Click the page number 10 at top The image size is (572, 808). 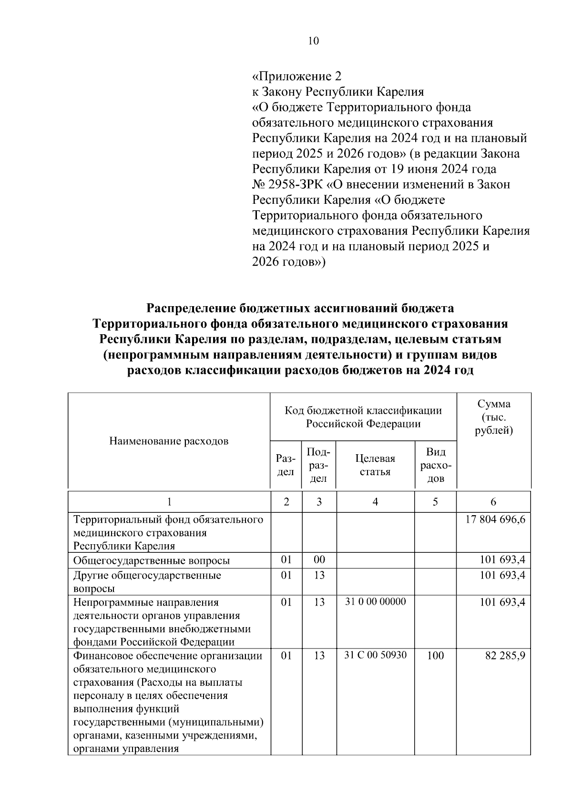(x=313, y=41)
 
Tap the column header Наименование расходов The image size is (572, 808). (x=169, y=441)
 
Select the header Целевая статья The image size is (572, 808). (x=375, y=465)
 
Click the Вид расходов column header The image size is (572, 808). (x=436, y=465)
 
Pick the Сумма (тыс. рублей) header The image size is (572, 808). (x=494, y=417)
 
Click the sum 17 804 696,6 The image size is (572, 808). (x=495, y=519)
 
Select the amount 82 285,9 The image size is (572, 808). (x=505, y=656)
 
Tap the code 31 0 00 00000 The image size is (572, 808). (x=375, y=601)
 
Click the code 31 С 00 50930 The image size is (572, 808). (x=375, y=655)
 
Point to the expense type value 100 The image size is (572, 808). (x=436, y=656)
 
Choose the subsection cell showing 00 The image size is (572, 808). (x=319, y=560)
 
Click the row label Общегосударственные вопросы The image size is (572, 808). (x=151, y=560)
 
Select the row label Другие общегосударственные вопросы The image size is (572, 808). (x=147, y=581)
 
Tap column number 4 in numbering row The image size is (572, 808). (x=375, y=502)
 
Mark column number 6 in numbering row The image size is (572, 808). (x=493, y=502)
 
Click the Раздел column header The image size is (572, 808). (x=286, y=465)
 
